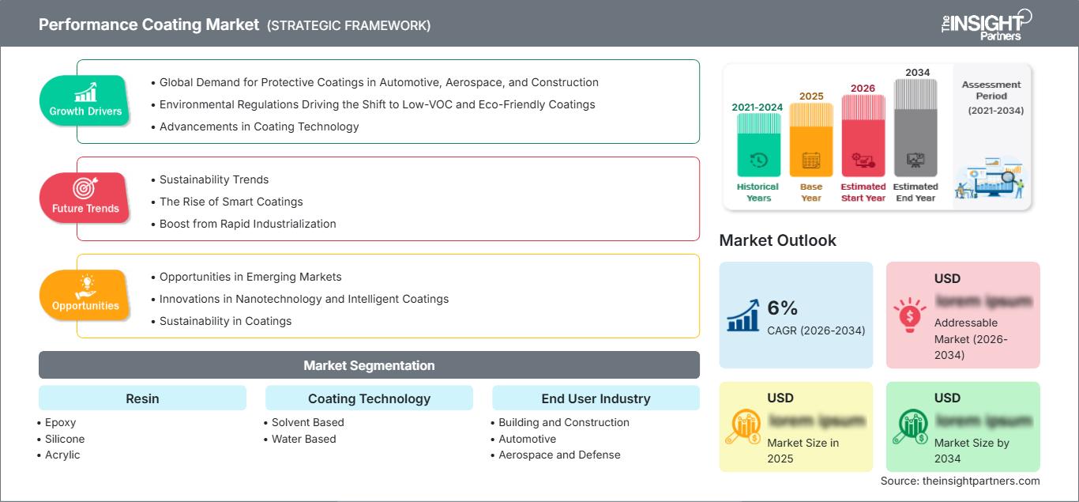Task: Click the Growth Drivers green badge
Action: (85, 100)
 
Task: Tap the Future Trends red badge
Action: (85, 198)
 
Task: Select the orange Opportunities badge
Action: (85, 295)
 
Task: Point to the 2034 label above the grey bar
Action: (917, 73)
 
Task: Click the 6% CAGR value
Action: (783, 308)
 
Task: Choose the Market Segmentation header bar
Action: (369, 365)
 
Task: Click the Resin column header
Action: (142, 398)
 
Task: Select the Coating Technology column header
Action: (369, 398)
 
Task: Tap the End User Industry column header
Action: (596, 398)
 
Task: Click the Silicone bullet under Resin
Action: (65, 439)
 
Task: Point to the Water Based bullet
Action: (303, 439)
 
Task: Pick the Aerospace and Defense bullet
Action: (559, 455)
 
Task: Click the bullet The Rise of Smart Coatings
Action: (231, 202)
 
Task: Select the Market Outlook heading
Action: (777, 240)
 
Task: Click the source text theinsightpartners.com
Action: (960, 481)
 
